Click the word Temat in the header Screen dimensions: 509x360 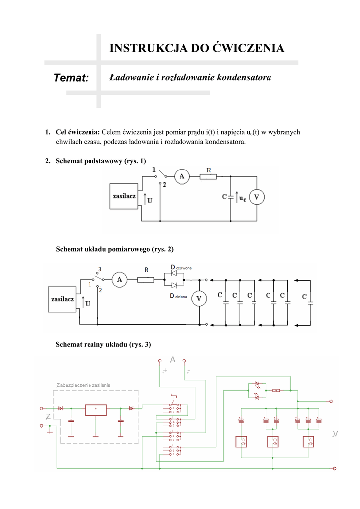click(x=71, y=78)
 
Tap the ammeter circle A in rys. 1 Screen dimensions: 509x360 click(x=181, y=176)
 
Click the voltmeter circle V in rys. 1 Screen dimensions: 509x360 click(x=256, y=197)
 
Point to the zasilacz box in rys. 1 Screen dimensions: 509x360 click(x=124, y=197)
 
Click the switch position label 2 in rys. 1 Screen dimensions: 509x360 click(x=164, y=184)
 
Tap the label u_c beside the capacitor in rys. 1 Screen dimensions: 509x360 click(x=242, y=197)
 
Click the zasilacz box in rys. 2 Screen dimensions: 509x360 click(x=62, y=300)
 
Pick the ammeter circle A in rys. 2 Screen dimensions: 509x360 click(x=119, y=280)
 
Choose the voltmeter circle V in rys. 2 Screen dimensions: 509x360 click(x=200, y=298)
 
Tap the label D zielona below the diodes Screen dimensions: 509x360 click(x=180, y=296)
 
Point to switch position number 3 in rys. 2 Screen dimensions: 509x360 click(x=100, y=269)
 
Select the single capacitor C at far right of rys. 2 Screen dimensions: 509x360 click(x=304, y=297)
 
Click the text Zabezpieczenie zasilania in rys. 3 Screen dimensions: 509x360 click(x=83, y=385)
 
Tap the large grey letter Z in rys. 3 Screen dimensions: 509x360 click(x=48, y=417)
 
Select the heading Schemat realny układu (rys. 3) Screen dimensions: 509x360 click(x=103, y=344)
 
